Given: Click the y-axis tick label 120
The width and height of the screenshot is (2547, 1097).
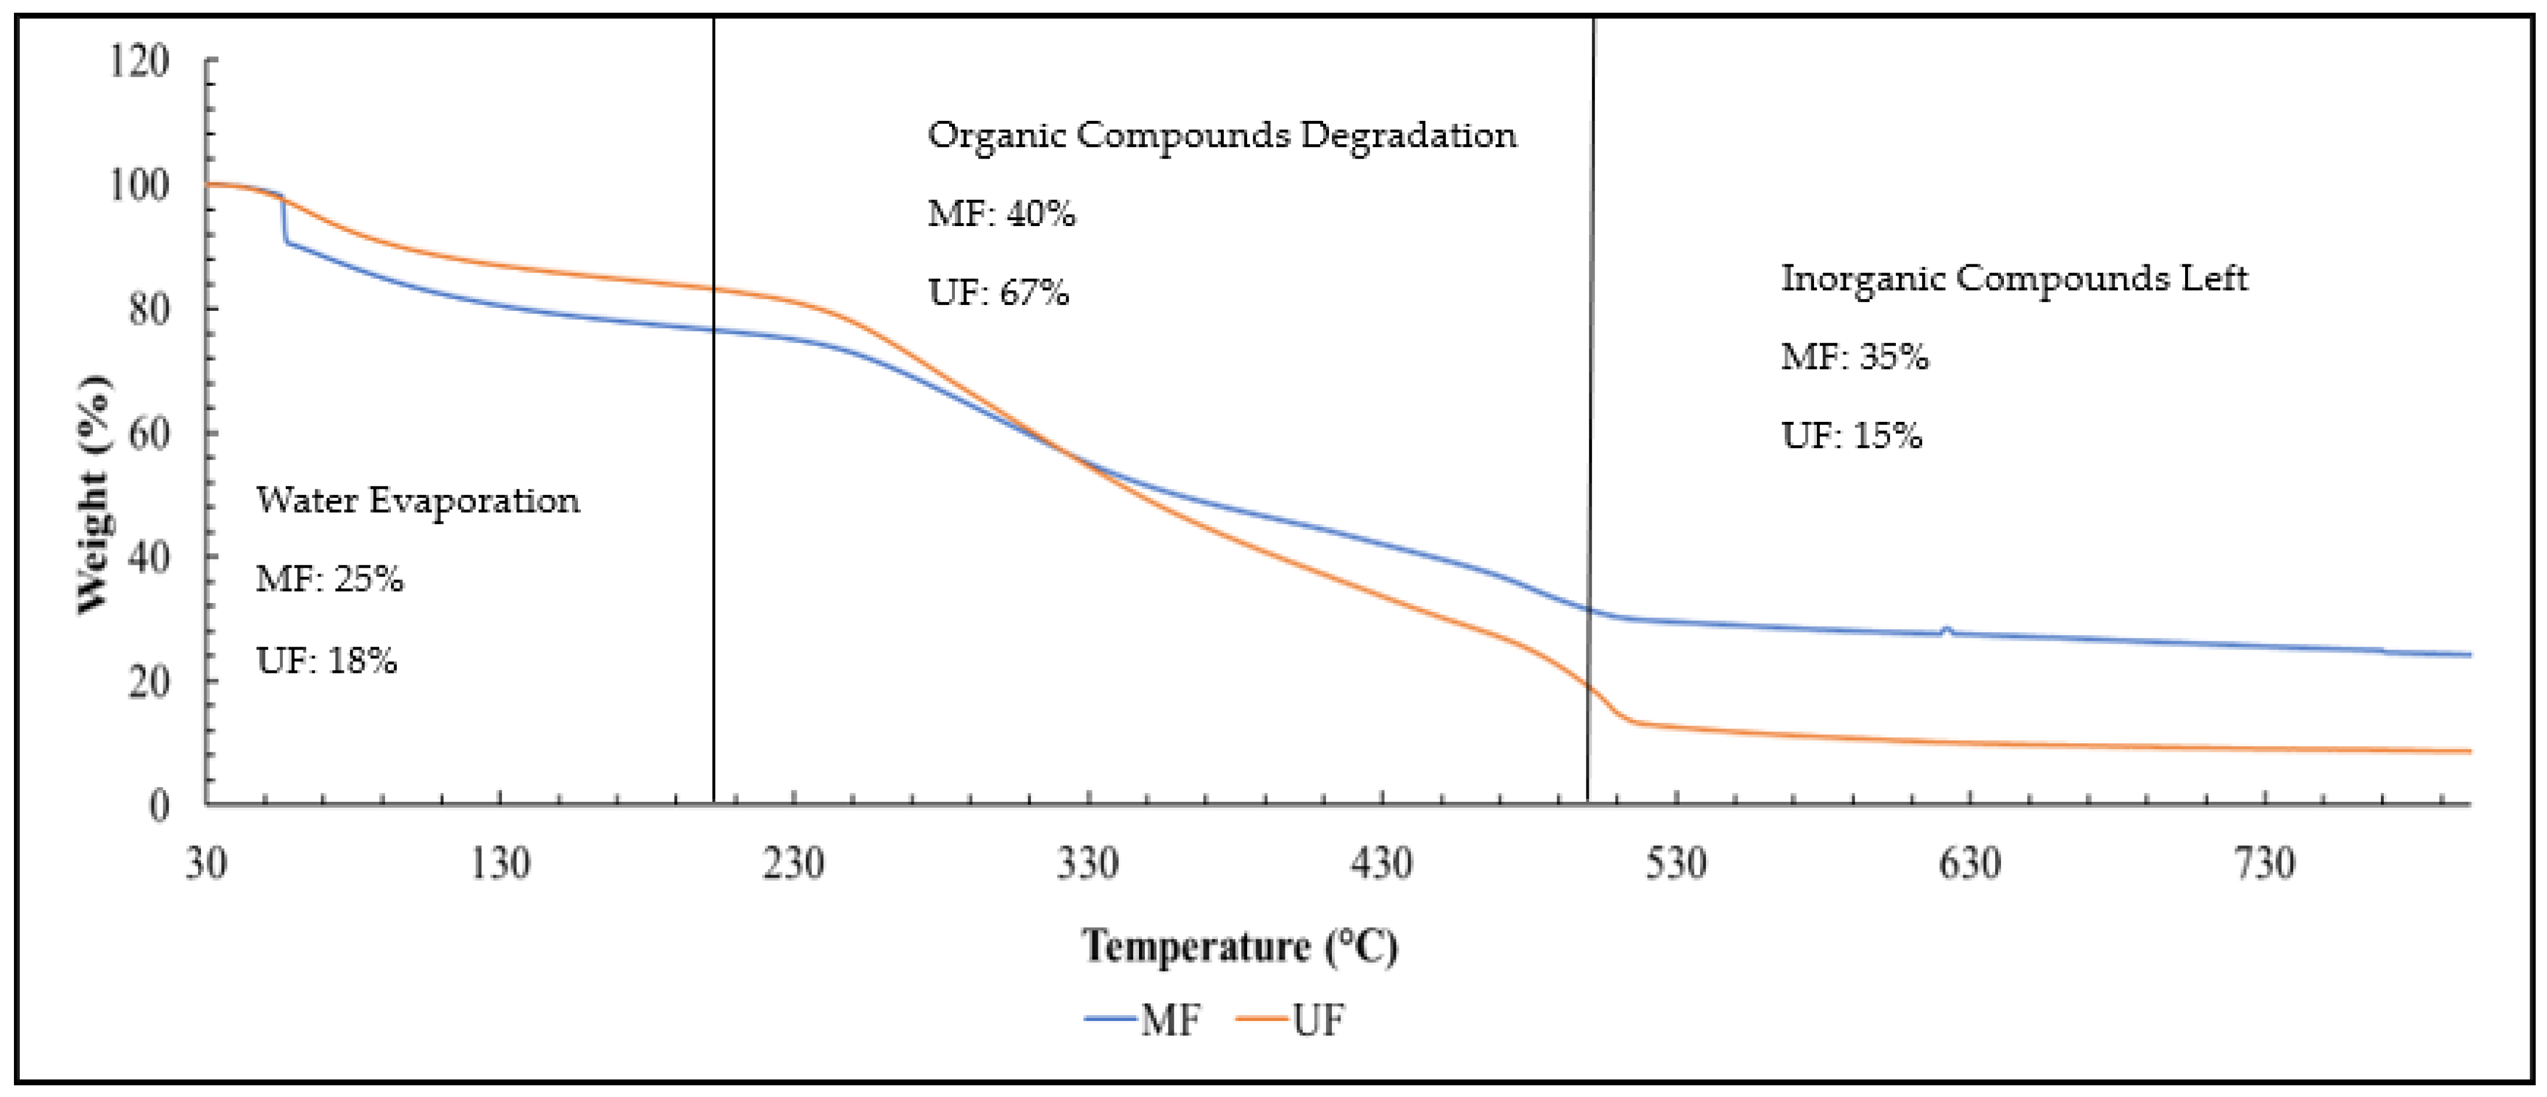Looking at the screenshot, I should pyautogui.click(x=138, y=62).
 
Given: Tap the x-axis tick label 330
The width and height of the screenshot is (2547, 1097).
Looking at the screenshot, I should pyautogui.click(x=1087, y=863).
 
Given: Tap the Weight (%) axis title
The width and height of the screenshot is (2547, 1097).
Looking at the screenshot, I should pyautogui.click(x=94, y=494).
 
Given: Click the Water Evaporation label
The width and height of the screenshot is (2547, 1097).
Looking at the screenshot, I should pyautogui.click(x=417, y=500).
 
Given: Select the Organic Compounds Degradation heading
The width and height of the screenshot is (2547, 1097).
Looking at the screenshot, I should pyautogui.click(x=1221, y=135).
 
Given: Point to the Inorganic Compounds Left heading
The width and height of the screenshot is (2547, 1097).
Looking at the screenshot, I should pyautogui.click(x=2014, y=278).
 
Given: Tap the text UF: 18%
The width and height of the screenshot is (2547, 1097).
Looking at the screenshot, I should pyautogui.click(x=326, y=660).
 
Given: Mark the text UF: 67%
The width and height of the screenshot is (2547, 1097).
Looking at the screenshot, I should pyautogui.click(x=998, y=293).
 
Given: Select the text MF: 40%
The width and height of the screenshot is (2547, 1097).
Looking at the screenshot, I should pyautogui.click(x=1001, y=214).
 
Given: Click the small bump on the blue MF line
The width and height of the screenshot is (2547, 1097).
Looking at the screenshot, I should pyautogui.click(x=1946, y=629).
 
